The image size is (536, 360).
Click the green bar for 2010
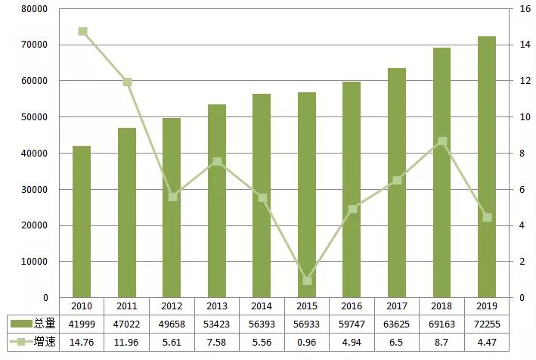click(x=82, y=222)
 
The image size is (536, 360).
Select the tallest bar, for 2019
click(x=486, y=166)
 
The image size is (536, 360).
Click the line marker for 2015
click(x=307, y=281)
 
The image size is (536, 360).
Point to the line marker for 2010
click(x=82, y=32)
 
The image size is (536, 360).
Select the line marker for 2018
click(x=442, y=141)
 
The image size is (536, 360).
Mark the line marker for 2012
click(x=172, y=197)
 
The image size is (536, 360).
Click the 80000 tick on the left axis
click(x=33, y=9)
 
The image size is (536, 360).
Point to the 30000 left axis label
click(x=33, y=190)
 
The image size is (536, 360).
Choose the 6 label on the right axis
click(x=522, y=190)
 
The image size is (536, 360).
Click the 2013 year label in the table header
click(x=217, y=306)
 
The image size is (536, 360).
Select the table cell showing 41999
click(x=82, y=324)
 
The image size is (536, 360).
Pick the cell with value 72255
click(x=486, y=324)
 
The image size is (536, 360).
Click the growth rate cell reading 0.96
click(x=307, y=343)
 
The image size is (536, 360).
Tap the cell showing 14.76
click(x=82, y=343)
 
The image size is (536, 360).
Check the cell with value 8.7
click(x=442, y=343)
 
